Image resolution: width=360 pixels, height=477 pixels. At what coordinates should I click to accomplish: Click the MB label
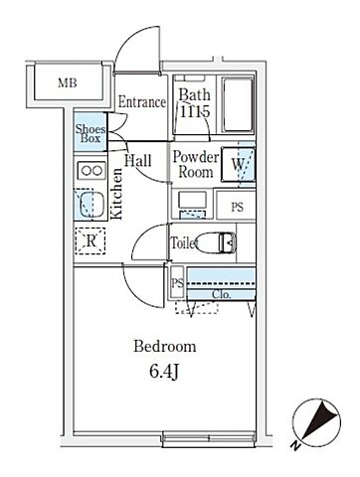click(68, 82)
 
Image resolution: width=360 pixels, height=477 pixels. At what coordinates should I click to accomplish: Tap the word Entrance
click(142, 102)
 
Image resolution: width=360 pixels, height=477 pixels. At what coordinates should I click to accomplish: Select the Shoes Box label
click(90, 133)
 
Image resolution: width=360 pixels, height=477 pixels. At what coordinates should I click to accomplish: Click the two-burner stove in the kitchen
click(91, 171)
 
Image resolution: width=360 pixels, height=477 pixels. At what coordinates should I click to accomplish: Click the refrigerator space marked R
click(90, 240)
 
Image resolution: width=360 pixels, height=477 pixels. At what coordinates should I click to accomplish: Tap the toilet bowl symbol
click(216, 241)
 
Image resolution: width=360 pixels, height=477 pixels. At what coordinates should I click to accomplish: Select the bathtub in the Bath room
click(237, 104)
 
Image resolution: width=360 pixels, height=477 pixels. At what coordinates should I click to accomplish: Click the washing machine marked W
click(238, 164)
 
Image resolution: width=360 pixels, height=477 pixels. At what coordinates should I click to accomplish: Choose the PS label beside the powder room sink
click(237, 208)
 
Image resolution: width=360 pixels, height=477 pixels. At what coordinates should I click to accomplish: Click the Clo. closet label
click(221, 294)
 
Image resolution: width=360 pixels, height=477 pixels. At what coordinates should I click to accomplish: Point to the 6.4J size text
click(164, 372)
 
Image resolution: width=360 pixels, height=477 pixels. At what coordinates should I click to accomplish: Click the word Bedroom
click(165, 347)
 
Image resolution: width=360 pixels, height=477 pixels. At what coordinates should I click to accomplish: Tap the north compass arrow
click(317, 418)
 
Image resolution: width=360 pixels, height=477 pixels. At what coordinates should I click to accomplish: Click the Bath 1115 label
click(195, 103)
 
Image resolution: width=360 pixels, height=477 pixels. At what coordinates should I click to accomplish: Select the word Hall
click(138, 161)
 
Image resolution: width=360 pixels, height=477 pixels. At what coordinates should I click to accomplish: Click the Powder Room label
click(196, 165)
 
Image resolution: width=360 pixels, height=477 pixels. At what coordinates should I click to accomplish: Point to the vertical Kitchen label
click(116, 194)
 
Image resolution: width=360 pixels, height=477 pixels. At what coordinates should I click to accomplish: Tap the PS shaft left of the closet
click(177, 283)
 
